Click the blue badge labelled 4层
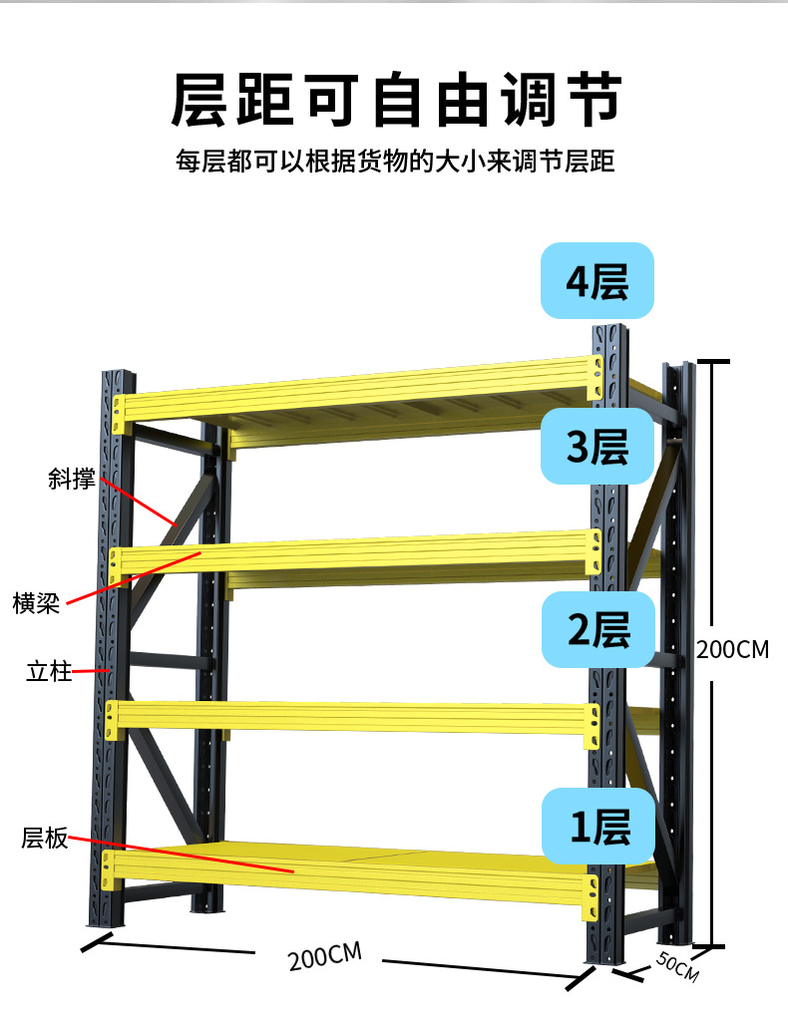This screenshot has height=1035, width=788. (596, 281)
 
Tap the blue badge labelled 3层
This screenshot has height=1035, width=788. (596, 446)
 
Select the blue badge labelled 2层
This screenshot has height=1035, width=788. (597, 629)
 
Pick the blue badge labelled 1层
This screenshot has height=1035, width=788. (598, 827)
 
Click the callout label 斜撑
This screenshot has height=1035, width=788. (71, 479)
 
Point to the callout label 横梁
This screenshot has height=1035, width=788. (36, 603)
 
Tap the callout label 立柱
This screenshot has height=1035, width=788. (49, 671)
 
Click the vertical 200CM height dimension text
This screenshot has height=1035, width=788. (732, 650)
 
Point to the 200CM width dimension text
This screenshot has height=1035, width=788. (324, 957)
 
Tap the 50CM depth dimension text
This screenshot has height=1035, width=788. (677, 966)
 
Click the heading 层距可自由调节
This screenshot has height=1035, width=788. (396, 100)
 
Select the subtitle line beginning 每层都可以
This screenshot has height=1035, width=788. (395, 161)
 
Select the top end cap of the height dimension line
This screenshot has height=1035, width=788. (711, 362)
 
